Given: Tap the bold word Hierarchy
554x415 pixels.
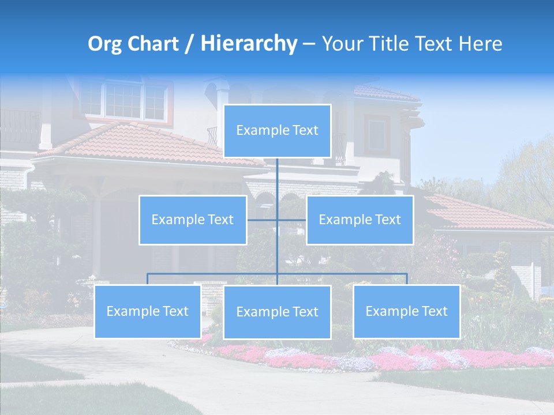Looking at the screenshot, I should [248, 44].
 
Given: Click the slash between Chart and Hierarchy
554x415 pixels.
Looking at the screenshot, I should [189, 44].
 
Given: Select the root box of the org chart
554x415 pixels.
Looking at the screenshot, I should [277, 131].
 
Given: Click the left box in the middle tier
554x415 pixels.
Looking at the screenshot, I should [193, 220].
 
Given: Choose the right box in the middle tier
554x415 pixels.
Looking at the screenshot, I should [360, 220].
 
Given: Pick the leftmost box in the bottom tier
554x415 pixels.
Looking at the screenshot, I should [148, 311].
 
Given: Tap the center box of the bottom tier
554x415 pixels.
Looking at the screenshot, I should [277, 312].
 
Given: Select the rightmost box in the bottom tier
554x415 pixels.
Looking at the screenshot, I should [406, 311].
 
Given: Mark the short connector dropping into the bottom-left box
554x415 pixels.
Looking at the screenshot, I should [148, 279].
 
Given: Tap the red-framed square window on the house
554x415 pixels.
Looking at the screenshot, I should [376, 134].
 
